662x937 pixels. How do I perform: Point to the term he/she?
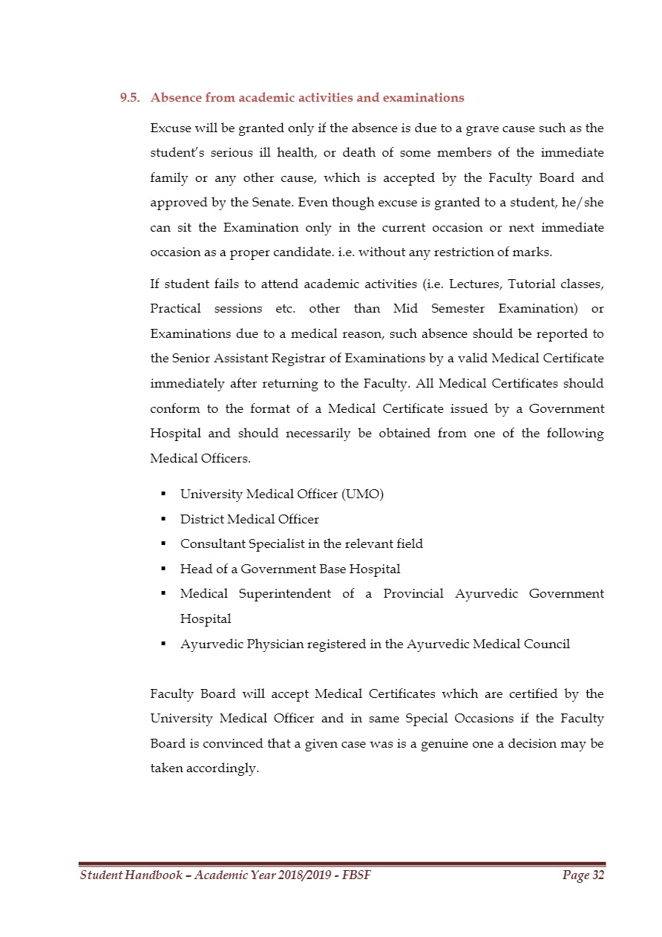582,203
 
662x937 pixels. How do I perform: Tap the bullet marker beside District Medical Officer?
162,520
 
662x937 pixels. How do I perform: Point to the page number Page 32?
583,876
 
